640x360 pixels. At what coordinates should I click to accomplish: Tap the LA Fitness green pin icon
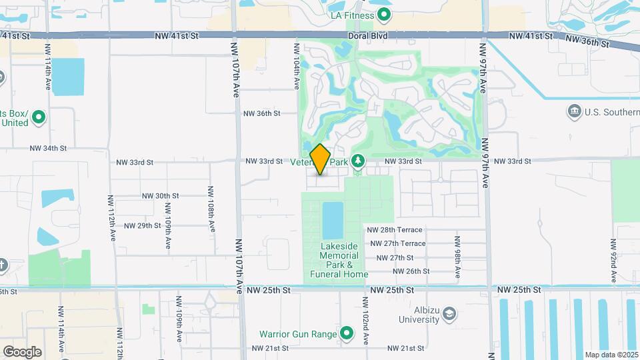click(384, 15)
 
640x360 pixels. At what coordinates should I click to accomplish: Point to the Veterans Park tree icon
click(358, 161)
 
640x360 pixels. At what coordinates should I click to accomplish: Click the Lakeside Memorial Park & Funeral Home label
click(339, 260)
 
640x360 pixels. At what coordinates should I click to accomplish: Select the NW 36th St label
click(262, 113)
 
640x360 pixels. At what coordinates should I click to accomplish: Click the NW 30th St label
click(161, 196)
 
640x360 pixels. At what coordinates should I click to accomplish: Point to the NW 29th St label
click(143, 225)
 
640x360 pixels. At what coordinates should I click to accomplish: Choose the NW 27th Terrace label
click(397, 244)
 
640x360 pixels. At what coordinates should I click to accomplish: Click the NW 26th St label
click(411, 271)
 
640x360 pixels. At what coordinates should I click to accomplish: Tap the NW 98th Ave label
click(457, 253)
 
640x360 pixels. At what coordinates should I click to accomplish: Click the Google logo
click(22, 351)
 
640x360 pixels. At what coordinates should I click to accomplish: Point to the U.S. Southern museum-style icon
click(573, 111)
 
